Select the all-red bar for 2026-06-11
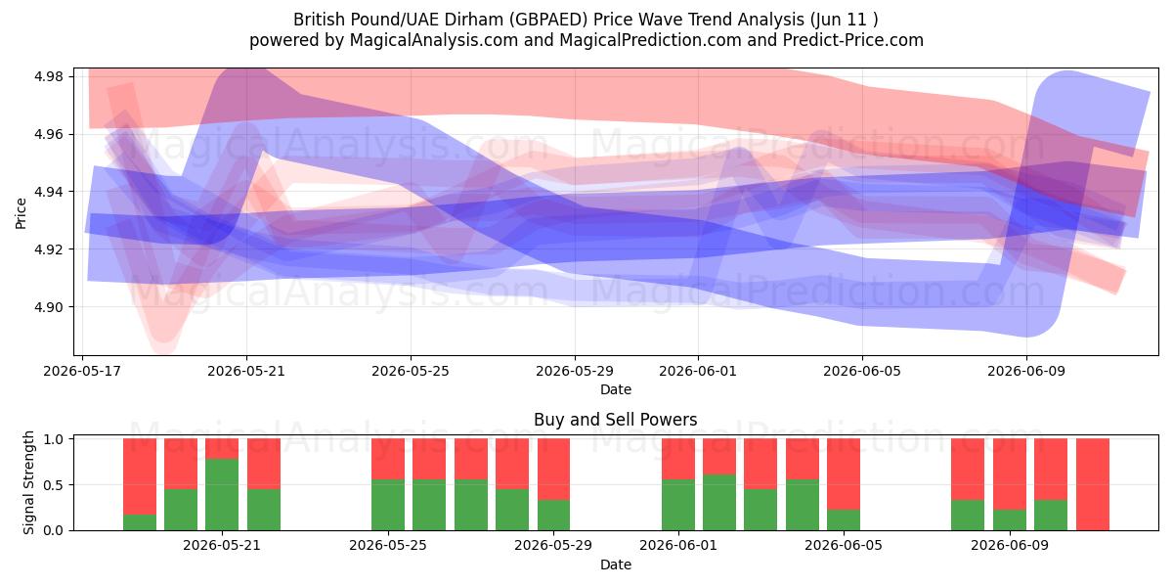coord(1093,484)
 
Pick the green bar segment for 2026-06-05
coord(844,519)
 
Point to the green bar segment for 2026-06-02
coord(719,503)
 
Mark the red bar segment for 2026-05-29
coord(553,469)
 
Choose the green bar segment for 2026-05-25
coord(388,505)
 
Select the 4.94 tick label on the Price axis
coord(49,192)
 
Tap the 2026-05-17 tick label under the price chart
coord(82,371)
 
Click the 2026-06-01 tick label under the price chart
coord(698,371)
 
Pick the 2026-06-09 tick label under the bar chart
coord(1010,545)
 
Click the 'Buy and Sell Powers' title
coord(615,420)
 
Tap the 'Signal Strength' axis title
coord(28,482)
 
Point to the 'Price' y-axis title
coord(21,213)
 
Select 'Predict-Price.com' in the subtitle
coord(853,40)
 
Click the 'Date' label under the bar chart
coord(616,564)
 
